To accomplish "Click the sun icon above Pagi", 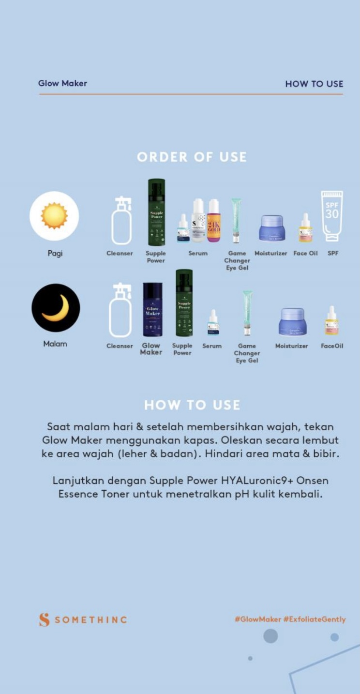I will (54, 216).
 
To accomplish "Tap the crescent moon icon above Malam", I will (56, 308).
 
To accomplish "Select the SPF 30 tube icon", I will (332, 216).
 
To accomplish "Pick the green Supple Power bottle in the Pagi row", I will (156, 212).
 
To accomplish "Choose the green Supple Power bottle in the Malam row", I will (184, 303).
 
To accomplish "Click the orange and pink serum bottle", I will (213, 221).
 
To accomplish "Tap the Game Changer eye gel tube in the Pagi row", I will (236, 220).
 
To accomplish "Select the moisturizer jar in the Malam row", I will (292, 321).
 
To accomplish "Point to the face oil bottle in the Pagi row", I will (305, 228).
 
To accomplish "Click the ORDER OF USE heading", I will (192, 157).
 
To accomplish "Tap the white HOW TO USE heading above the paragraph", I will (192, 405).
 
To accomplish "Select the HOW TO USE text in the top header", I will (314, 84).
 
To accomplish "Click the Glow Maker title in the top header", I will (62, 83).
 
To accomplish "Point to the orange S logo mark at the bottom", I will (44, 619).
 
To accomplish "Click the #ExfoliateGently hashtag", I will (315, 619).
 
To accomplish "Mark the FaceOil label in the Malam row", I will (332, 346).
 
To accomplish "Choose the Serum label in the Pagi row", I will (198, 253).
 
